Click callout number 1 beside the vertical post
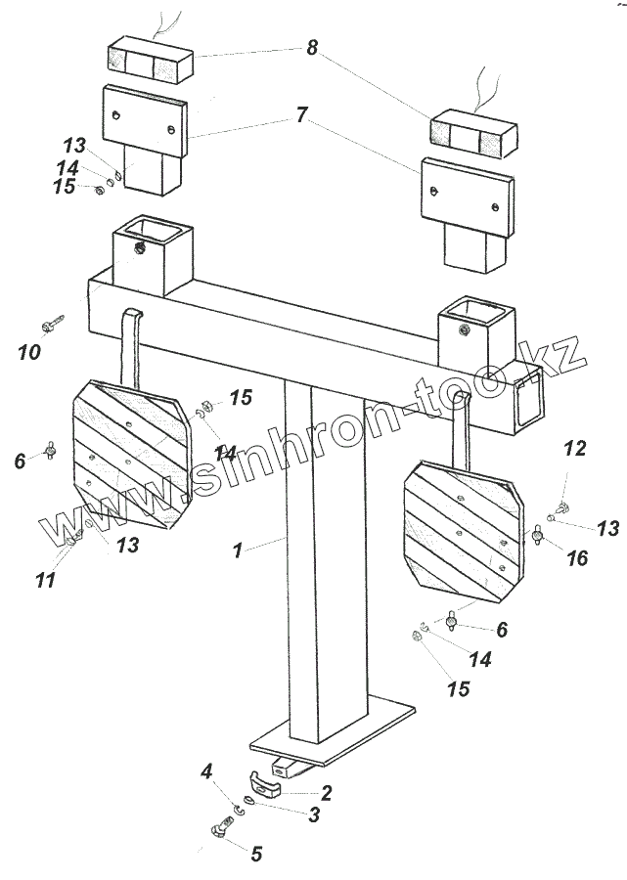(x=237, y=550)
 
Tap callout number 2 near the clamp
(x=327, y=793)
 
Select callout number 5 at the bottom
(x=256, y=854)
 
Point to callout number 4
(x=206, y=772)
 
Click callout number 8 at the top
(x=312, y=47)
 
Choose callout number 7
(x=301, y=115)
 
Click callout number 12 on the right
(x=575, y=449)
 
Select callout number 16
(x=577, y=558)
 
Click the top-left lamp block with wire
(x=149, y=61)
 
